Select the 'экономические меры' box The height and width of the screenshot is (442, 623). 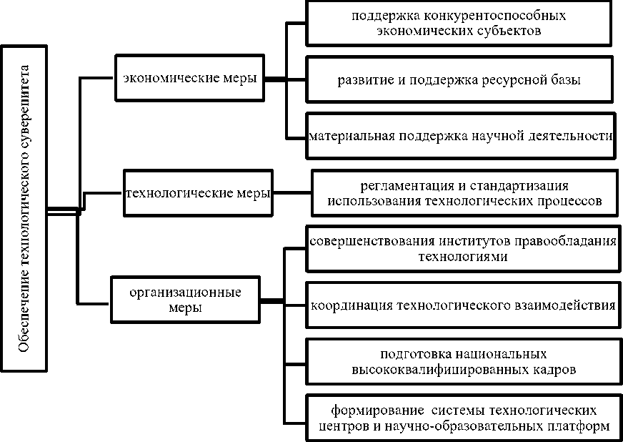(190, 78)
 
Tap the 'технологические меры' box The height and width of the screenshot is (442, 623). (198, 193)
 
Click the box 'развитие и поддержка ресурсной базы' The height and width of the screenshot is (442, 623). (459, 79)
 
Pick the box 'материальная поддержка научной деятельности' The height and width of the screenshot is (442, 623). (460, 134)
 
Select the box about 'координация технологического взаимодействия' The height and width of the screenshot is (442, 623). (463, 305)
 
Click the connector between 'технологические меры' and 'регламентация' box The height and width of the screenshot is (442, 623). (293, 192)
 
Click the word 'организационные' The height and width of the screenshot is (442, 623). (185, 292)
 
